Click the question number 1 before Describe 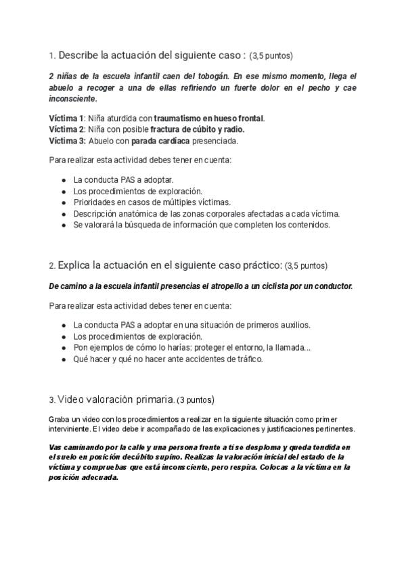[x=51, y=55]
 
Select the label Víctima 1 [x=67, y=118]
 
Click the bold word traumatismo [x=177, y=118]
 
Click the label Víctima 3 [x=67, y=141]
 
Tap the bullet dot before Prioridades [x=63, y=202]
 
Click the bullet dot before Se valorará [x=63, y=225]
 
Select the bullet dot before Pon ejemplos [x=63, y=348]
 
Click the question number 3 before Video [x=52, y=399]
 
